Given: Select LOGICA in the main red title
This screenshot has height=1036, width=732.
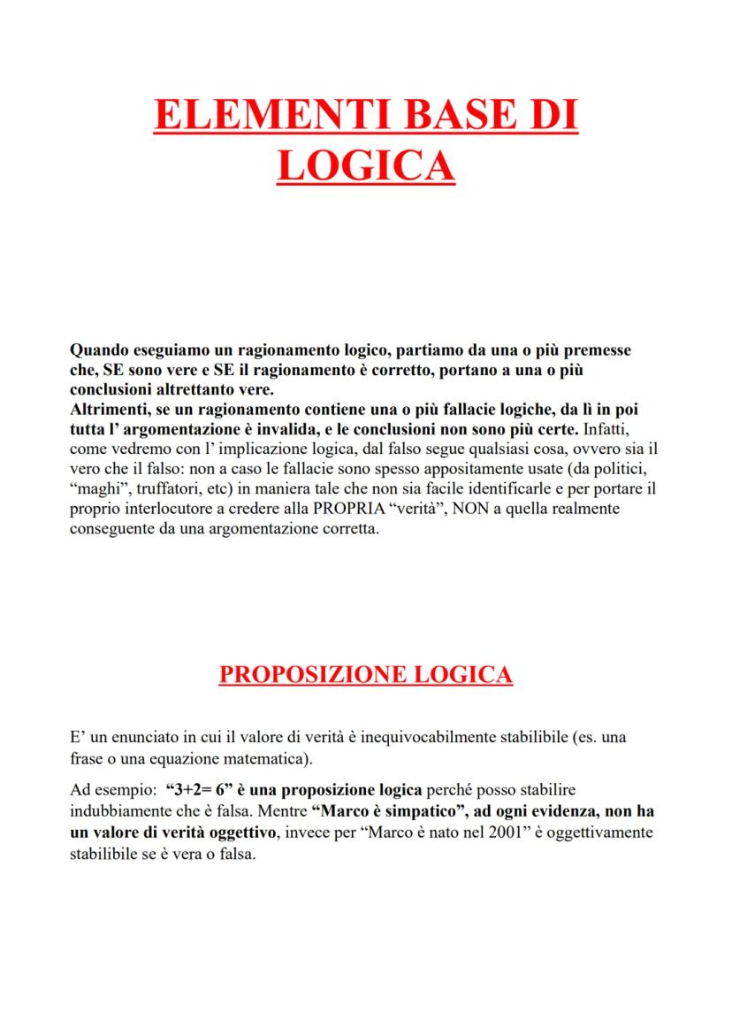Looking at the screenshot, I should pos(366,165).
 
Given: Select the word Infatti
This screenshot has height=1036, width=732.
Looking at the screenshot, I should pos(605,430).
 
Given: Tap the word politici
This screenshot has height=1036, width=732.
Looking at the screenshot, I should pos(624,469).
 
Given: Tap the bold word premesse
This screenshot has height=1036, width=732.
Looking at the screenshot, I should pos(599,350).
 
